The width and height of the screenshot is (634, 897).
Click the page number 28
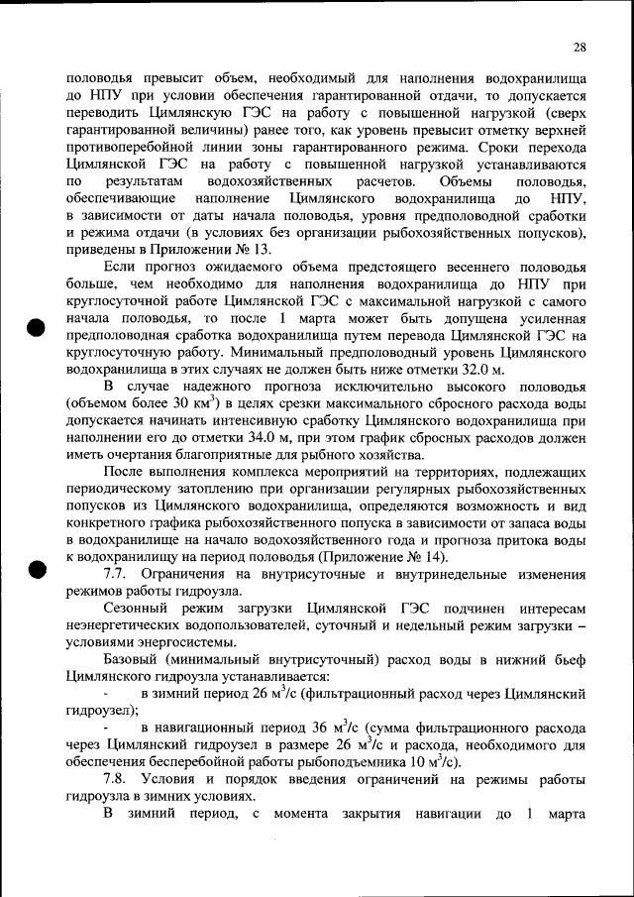point(580,47)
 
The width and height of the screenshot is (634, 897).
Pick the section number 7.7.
point(117,575)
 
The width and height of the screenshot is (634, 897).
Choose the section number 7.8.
point(117,779)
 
